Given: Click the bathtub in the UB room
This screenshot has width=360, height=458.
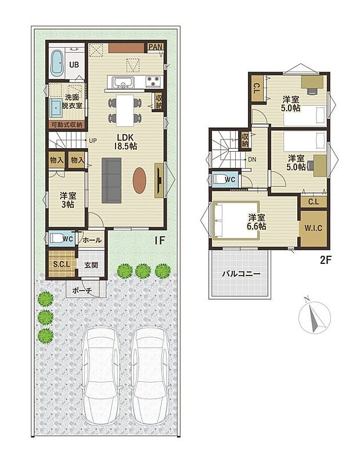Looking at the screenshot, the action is coord(57,63).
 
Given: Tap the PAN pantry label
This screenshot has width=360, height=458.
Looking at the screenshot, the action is coord(156,47).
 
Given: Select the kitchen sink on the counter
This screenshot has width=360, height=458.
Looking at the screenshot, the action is coord(123,81).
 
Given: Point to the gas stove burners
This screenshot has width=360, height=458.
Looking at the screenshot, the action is coord(153,81).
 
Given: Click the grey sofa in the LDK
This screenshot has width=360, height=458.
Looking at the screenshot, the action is coord(111,180).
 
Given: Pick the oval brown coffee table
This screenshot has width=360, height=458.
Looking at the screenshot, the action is coord(139,180).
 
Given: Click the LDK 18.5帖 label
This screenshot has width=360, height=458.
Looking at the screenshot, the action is coord(125,141).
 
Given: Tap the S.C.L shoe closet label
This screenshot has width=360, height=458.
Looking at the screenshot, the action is coord(62,264).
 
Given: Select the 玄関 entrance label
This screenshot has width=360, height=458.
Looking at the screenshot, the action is coord(91,265).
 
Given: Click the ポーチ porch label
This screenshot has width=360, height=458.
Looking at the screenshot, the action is coord(82,291).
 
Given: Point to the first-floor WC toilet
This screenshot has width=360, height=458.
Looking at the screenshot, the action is coord(57,238).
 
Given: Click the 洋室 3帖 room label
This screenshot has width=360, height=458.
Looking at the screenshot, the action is coord(68,200).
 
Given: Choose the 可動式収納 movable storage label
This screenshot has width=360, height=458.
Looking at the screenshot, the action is coord(67,125).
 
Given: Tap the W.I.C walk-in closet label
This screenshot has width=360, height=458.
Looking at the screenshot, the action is coord(314,228).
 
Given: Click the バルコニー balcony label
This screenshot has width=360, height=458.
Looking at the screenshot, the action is coord(241,274).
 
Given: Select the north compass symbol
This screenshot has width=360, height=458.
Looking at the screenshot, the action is coord(315,317).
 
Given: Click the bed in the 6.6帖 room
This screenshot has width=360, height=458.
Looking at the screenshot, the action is coord(236,220).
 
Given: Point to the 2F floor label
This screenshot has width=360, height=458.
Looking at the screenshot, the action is coord(326,260).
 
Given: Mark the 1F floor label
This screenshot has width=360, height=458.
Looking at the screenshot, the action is coord(160,241).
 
